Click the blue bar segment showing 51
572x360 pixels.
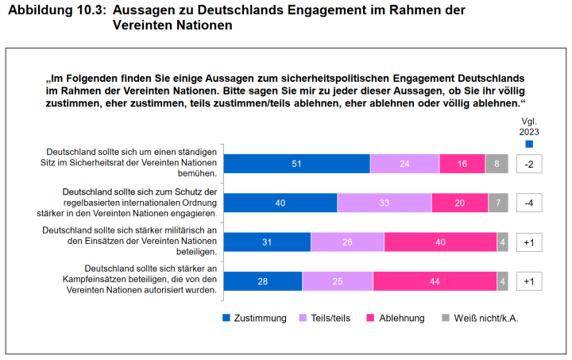[x=296, y=164]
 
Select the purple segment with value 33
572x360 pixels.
[x=385, y=203]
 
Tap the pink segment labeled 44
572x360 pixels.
[x=435, y=281]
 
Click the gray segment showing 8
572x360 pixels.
[x=497, y=164]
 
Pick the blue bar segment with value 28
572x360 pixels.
[x=262, y=281]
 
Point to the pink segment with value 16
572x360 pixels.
[x=462, y=164]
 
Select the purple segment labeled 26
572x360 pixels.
[x=347, y=242]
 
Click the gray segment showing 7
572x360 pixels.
[x=498, y=203]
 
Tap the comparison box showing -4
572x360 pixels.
[x=528, y=203]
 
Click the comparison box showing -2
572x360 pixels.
[x=528, y=164]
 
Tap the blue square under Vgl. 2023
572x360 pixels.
[x=529, y=144]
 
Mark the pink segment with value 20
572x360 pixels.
[x=459, y=203]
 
